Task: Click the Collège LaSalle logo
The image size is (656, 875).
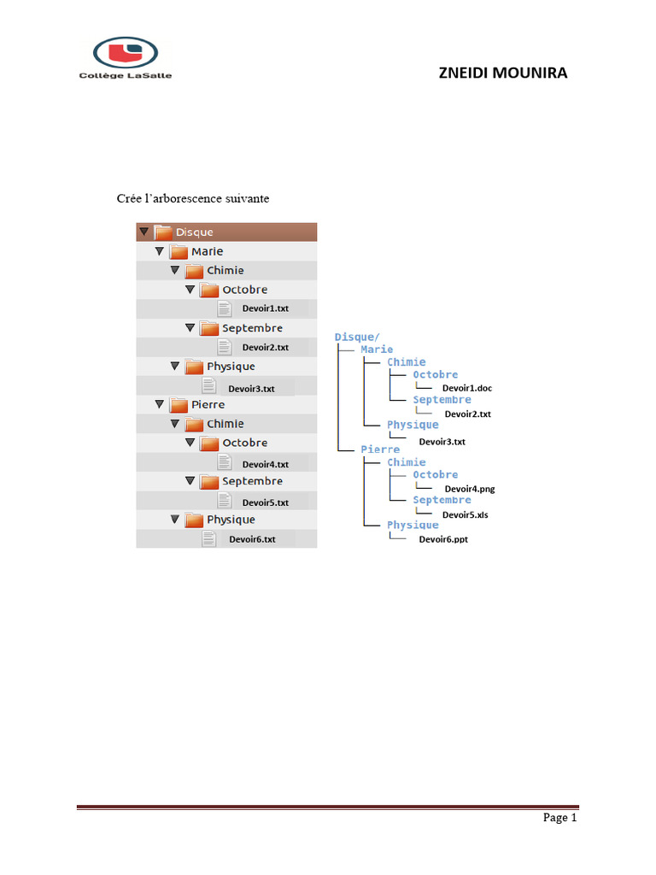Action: (x=126, y=57)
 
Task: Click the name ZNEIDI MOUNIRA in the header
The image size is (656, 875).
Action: (x=502, y=73)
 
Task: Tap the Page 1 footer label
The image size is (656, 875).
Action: (x=560, y=818)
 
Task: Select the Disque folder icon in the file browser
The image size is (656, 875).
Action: (x=162, y=232)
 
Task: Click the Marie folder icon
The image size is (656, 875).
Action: (x=179, y=251)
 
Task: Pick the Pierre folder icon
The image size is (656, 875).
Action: (x=179, y=404)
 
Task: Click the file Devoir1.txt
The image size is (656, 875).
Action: (x=265, y=308)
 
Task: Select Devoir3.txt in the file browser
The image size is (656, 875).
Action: (x=251, y=388)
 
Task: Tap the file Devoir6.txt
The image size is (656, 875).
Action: (x=252, y=539)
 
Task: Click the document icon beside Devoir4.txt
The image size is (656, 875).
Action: (x=225, y=462)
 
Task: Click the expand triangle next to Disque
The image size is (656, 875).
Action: (x=143, y=232)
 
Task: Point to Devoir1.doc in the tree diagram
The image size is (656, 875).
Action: (x=466, y=388)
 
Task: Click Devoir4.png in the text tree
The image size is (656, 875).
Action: (x=469, y=489)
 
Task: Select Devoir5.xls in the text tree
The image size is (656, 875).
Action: (x=465, y=514)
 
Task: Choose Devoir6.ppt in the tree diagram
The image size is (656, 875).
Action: (x=442, y=539)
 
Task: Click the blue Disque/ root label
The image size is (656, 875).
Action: (x=357, y=337)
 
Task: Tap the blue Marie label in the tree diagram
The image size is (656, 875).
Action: (x=377, y=349)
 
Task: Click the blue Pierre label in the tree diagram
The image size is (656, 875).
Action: (x=378, y=449)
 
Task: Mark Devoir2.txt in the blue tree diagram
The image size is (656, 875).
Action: (x=467, y=414)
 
